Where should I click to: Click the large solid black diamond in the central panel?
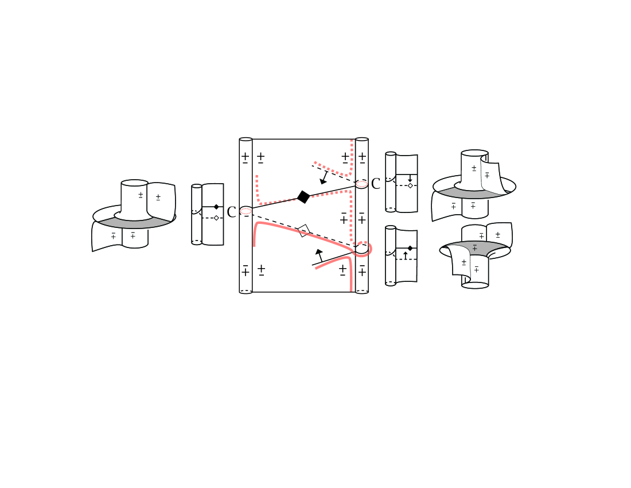coord(303,197)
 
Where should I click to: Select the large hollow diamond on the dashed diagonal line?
coord(304,231)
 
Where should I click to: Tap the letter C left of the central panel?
coord(231,212)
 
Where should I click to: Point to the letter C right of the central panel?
coord(376,184)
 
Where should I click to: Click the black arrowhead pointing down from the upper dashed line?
coord(323,181)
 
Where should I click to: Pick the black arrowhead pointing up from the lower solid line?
coord(319,253)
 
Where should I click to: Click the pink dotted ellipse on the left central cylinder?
coord(246,211)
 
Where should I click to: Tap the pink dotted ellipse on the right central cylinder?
coord(361,184)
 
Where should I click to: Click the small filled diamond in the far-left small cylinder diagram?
coord(216,207)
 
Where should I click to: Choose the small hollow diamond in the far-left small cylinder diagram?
coord(216,218)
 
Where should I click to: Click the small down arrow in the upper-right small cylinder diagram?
coord(410,179)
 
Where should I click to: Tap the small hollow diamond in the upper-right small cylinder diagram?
coord(410,185)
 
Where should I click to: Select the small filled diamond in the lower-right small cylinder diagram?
coord(410,248)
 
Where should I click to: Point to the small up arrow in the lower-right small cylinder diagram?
coord(406,255)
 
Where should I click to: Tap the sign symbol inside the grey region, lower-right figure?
coord(475,247)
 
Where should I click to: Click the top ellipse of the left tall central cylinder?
coord(246,140)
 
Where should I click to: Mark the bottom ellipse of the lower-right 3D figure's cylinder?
coord(475,285)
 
